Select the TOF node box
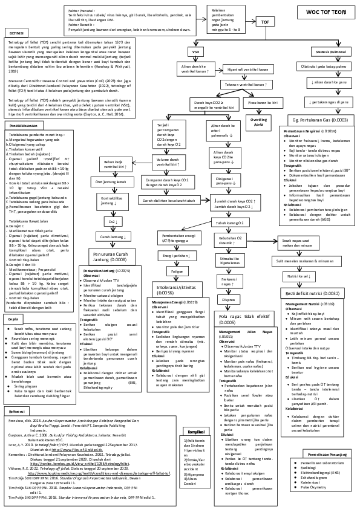264,22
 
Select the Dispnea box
229,282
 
